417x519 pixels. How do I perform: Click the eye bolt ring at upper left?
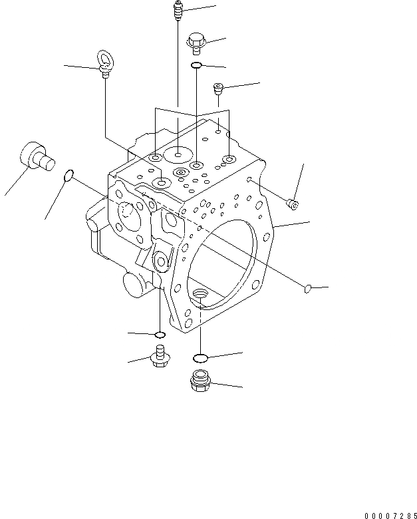(105, 59)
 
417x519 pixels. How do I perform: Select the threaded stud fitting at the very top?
(178, 11)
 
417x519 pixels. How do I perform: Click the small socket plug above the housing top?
(218, 87)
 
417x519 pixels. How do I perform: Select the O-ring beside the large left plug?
(68, 176)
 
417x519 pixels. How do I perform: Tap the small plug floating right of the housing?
(293, 202)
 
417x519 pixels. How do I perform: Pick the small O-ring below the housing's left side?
(159, 333)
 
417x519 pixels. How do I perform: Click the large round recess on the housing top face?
(178, 156)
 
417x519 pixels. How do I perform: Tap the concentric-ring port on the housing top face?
(179, 173)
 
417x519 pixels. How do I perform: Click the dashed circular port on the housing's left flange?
(129, 212)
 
